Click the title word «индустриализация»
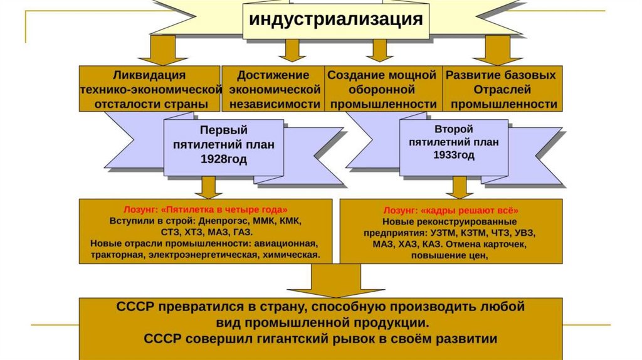[336, 19]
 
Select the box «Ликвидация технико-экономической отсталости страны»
[150, 88]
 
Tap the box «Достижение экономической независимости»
[273, 88]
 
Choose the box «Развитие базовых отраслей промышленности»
[502, 88]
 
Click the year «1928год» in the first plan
[224, 159]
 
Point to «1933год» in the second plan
[454, 155]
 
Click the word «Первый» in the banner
[224, 130]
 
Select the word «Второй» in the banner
[454, 129]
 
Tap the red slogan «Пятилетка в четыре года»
[224, 209]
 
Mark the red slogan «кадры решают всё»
[470, 211]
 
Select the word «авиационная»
[286, 243]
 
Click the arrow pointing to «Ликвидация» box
[163, 50]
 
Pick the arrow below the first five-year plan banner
[208, 188]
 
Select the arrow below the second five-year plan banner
[460, 188]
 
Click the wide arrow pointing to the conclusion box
[336, 280]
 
